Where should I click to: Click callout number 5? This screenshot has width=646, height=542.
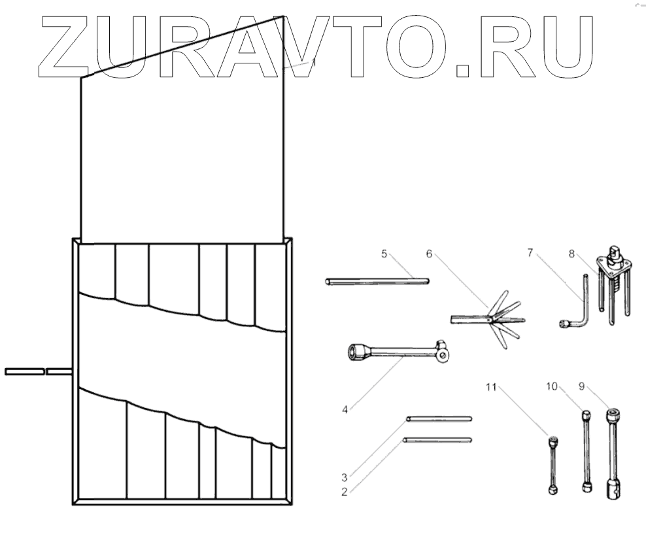click(384, 254)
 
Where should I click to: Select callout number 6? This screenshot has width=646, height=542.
click(429, 254)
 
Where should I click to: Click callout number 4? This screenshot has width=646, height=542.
click(345, 410)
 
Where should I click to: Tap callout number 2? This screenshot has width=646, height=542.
click(345, 491)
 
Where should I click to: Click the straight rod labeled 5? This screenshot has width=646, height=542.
click(377, 281)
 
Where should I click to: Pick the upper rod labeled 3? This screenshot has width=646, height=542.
click(438, 418)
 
